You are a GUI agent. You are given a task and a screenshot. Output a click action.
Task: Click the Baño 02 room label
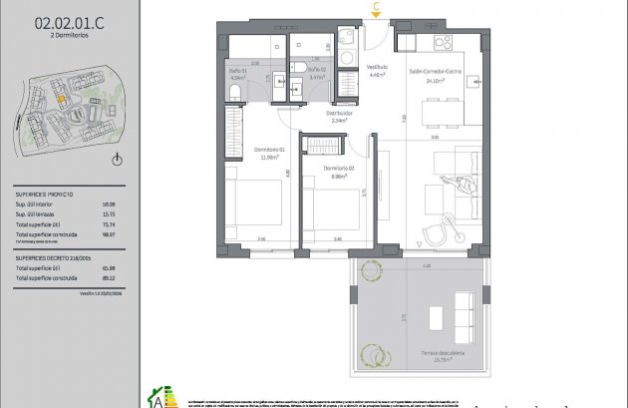point(317,72)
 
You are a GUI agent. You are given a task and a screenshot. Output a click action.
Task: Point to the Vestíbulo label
point(377,70)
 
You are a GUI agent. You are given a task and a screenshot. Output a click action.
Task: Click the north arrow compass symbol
point(118,160)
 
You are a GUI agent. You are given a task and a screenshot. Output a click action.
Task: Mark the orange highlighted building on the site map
point(60,99)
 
